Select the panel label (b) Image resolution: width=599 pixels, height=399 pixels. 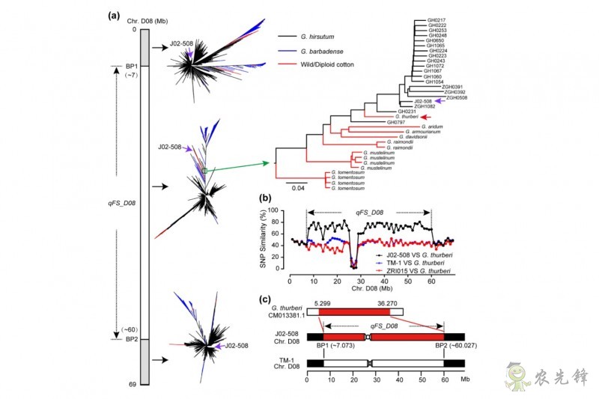tap(264, 200)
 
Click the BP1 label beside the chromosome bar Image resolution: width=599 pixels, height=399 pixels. tap(132, 66)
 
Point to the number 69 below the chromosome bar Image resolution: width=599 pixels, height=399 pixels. tap(132, 384)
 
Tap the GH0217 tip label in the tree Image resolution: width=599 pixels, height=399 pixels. tap(437, 19)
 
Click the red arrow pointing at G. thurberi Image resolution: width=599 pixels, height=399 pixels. tap(428, 117)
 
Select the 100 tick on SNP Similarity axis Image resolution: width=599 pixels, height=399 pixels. tap(274, 210)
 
